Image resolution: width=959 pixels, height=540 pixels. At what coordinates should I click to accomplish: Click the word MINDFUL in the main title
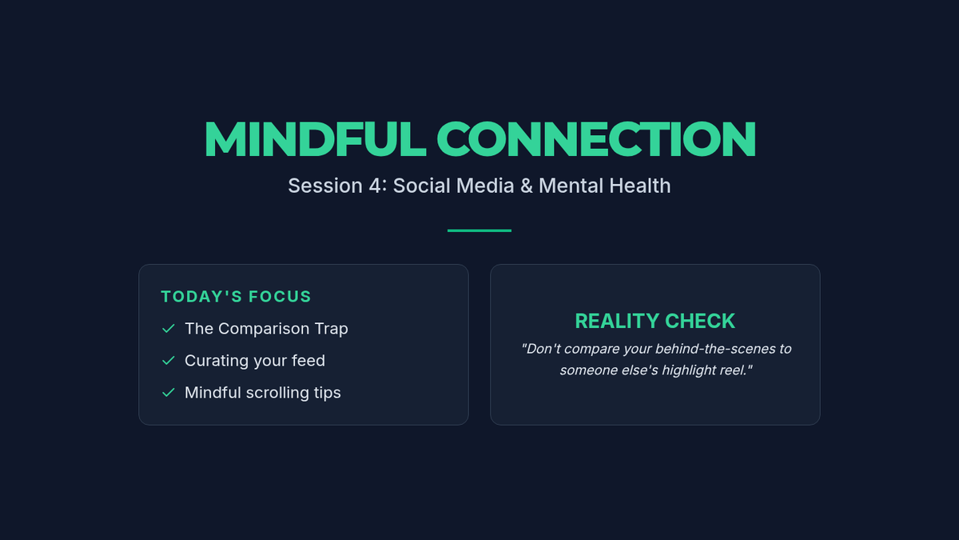(316, 139)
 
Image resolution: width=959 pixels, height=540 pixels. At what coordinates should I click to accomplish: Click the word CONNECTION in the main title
(596, 139)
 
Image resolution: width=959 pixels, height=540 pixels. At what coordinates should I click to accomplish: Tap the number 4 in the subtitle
(375, 186)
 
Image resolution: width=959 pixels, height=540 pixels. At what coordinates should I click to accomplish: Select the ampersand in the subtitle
(527, 186)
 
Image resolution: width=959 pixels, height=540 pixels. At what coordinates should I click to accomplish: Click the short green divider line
(479, 230)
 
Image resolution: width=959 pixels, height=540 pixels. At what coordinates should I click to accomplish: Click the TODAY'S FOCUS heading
(236, 297)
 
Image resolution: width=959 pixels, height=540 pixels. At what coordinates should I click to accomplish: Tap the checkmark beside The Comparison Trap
(169, 329)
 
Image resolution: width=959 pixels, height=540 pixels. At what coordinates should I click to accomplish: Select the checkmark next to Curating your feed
(169, 361)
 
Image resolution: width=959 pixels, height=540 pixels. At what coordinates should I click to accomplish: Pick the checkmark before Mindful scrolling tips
(169, 393)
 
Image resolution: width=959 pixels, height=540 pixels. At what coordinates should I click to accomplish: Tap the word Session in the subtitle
(325, 186)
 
